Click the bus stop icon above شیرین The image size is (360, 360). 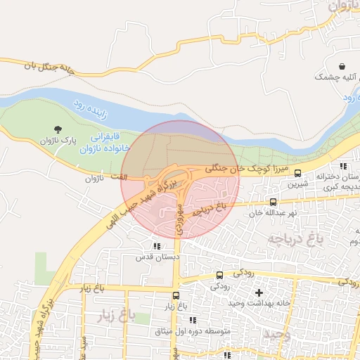tap(297, 173)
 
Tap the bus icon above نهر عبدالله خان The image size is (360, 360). tap(274, 202)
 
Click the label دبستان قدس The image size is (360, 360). tap(155, 257)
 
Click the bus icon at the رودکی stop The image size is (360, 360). tap(219, 275)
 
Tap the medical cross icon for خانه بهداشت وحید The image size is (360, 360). tap(259, 292)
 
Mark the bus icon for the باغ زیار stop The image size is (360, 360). tap(176, 295)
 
